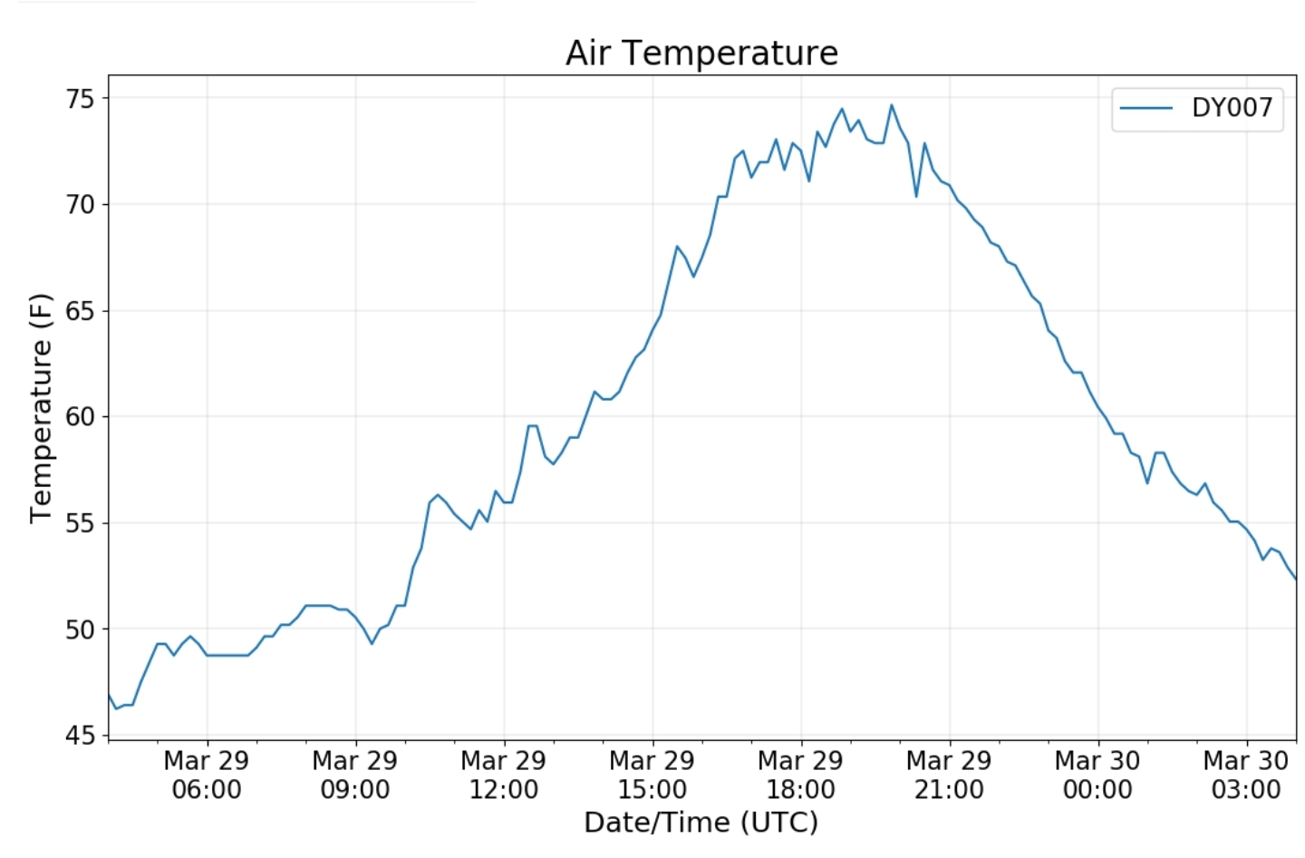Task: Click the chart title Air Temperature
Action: pyautogui.click(x=701, y=53)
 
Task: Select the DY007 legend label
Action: pyautogui.click(x=1232, y=108)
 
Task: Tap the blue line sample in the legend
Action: pyautogui.click(x=1146, y=108)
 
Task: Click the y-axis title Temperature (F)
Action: pyautogui.click(x=41, y=408)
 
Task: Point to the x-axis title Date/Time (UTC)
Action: pyautogui.click(x=701, y=822)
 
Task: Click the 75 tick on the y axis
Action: pyautogui.click(x=80, y=98)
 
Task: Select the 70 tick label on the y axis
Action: pyautogui.click(x=80, y=204)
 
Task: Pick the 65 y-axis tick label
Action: pyautogui.click(x=80, y=310)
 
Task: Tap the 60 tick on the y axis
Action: pyautogui.click(x=80, y=416)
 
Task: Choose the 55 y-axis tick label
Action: pyautogui.click(x=80, y=522)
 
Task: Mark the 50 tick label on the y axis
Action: pyautogui.click(x=80, y=629)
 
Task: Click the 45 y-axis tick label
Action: pyautogui.click(x=80, y=735)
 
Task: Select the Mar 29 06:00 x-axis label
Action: pyautogui.click(x=207, y=775)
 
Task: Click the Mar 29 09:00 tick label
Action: pyautogui.click(x=355, y=775)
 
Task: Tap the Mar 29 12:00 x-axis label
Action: pyautogui.click(x=504, y=775)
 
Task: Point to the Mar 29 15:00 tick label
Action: pyautogui.click(x=652, y=775)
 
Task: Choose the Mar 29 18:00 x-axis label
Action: pyautogui.click(x=801, y=775)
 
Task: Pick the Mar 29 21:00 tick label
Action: pyautogui.click(x=949, y=775)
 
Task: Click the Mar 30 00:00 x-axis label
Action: pyautogui.click(x=1097, y=775)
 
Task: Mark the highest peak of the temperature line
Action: pyautogui.click(x=892, y=105)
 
